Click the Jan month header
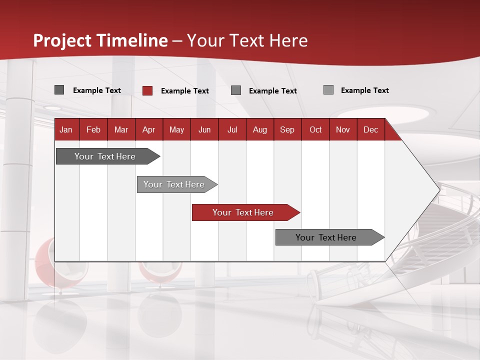pyautogui.click(x=66, y=130)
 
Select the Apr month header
pyautogui.click(x=148, y=130)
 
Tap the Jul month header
pyautogui.click(x=232, y=130)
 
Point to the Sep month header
pyautogui.click(x=287, y=130)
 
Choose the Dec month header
pyautogui.click(x=370, y=130)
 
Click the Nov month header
pyautogui.click(x=342, y=130)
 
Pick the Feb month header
pyautogui.click(x=93, y=130)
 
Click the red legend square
pyautogui.click(x=147, y=90)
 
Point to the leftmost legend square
pyautogui.click(x=59, y=90)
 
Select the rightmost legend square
pyautogui.click(x=328, y=90)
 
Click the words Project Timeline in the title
pyautogui.click(x=100, y=40)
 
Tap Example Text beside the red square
pyautogui.click(x=184, y=91)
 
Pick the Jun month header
pyautogui.click(x=204, y=130)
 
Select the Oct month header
pyautogui.click(x=315, y=130)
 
